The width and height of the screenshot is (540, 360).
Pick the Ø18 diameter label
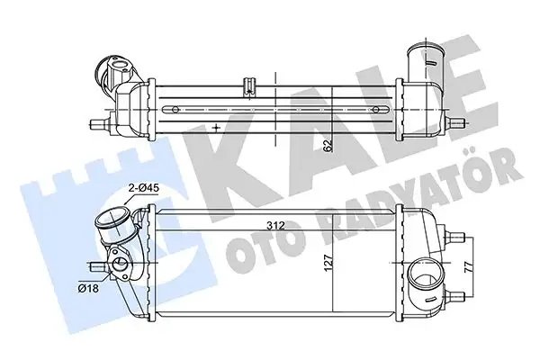pos(88,289)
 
